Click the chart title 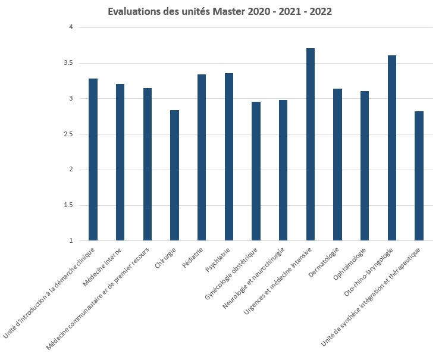pos(220,11)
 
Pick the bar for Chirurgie pos(174,176)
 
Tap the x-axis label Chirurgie pos(166,257)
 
